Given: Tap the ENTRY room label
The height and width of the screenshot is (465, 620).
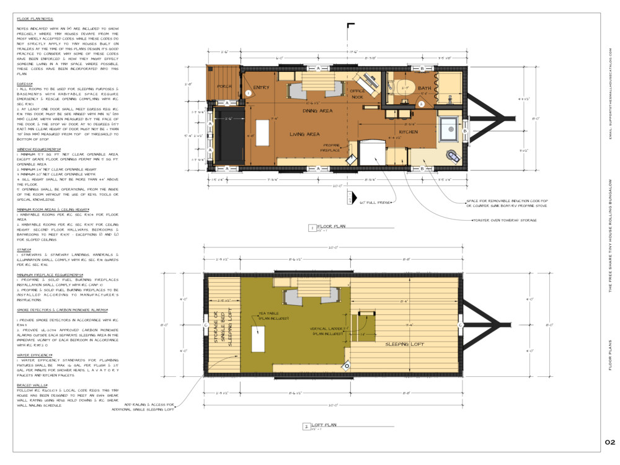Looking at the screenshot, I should [x=261, y=88].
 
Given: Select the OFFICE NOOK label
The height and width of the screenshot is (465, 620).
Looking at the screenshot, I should [x=356, y=94].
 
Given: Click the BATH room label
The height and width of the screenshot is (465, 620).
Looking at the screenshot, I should [x=424, y=89].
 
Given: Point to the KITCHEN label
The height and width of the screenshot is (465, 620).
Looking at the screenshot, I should [x=408, y=132].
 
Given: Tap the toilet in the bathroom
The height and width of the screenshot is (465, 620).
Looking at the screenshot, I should [x=404, y=87].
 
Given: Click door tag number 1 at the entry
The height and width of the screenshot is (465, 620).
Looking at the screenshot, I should [x=249, y=92].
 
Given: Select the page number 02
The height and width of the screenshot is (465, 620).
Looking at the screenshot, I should [x=609, y=442].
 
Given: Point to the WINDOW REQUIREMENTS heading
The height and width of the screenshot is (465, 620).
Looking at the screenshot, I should [x=38, y=149].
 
